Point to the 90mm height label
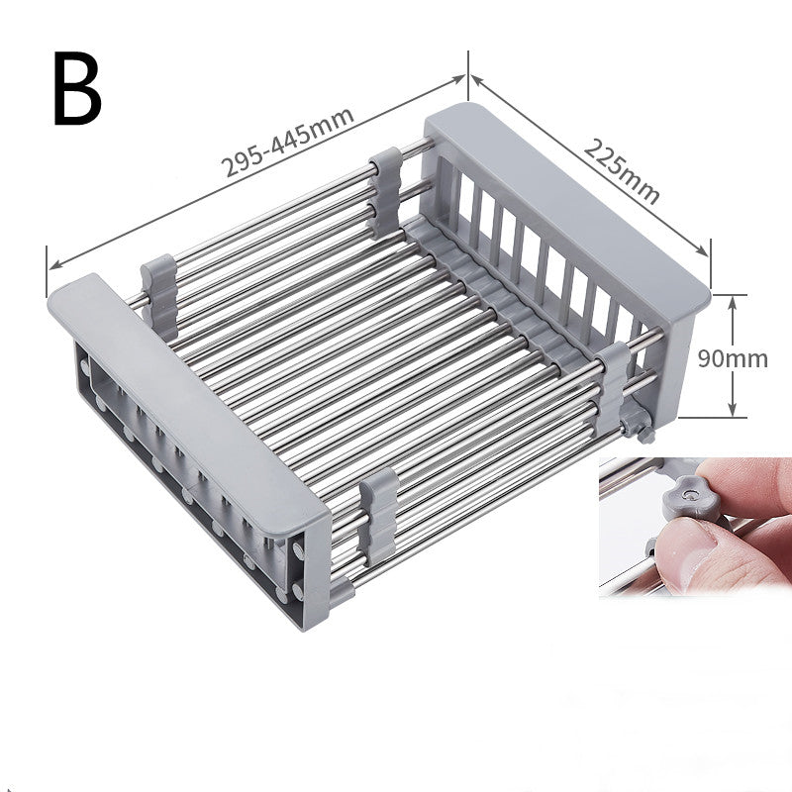click(733, 357)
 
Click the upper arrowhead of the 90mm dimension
click(732, 300)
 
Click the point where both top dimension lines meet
click(467, 76)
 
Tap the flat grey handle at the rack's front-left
click(188, 395)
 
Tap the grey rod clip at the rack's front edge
click(377, 515)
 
